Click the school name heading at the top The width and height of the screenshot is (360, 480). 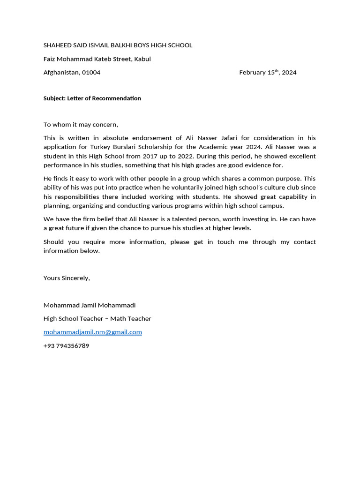tap(118, 45)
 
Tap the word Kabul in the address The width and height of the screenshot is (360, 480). tap(142, 59)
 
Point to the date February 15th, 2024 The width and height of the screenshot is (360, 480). tap(268, 73)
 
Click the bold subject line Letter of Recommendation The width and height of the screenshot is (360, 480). tap(92, 98)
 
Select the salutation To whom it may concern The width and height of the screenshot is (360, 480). tap(81, 125)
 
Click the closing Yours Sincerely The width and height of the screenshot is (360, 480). tap(67, 278)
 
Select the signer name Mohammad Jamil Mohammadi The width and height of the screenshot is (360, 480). tap(90, 305)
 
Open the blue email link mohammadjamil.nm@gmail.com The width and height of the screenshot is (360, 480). tap(93, 332)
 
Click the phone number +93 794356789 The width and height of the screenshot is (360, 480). tap(66, 346)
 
